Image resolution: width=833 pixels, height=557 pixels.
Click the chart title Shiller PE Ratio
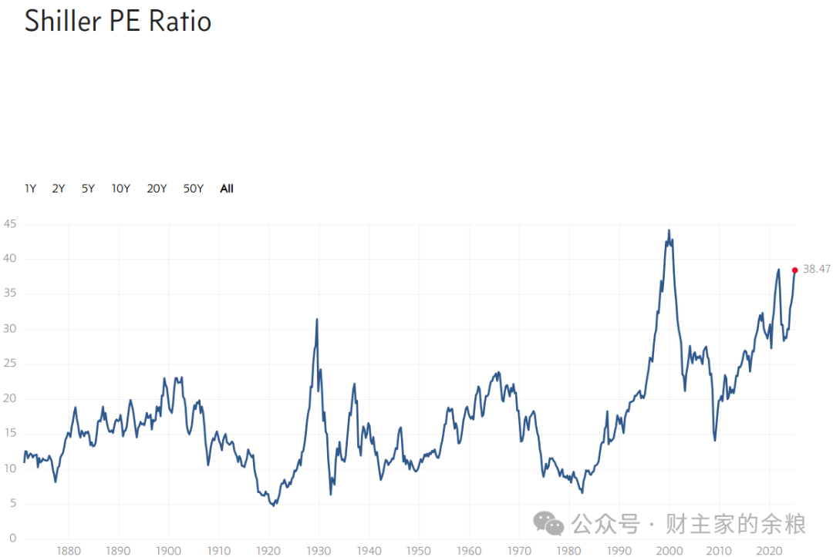[118, 21]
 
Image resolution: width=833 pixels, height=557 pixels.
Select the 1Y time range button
[30, 189]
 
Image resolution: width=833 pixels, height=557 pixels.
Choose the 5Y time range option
[88, 189]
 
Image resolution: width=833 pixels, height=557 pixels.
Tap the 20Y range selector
[157, 189]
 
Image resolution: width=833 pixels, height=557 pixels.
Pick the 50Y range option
[193, 189]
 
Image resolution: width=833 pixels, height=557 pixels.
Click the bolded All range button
[227, 189]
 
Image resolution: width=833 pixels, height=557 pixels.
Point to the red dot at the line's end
[794, 270]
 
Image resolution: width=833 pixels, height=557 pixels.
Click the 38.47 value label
[816, 269]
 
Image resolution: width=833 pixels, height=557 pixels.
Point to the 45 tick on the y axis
[9, 224]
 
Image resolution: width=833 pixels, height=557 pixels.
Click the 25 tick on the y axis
[9, 364]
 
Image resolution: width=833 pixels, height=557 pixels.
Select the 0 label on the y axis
[12, 539]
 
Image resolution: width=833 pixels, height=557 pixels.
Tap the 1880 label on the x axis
[69, 551]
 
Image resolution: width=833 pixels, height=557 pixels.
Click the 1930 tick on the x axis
[319, 551]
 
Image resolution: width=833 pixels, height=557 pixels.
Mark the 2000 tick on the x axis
[669, 551]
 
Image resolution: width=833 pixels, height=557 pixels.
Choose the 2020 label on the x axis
[768, 551]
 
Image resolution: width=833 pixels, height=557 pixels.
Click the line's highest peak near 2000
[669, 230]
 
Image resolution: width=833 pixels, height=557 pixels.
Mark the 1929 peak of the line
[317, 319]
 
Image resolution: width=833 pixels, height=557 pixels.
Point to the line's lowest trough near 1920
[273, 505]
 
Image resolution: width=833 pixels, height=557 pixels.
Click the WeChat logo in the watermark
[548, 525]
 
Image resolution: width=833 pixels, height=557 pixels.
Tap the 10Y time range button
[120, 189]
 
